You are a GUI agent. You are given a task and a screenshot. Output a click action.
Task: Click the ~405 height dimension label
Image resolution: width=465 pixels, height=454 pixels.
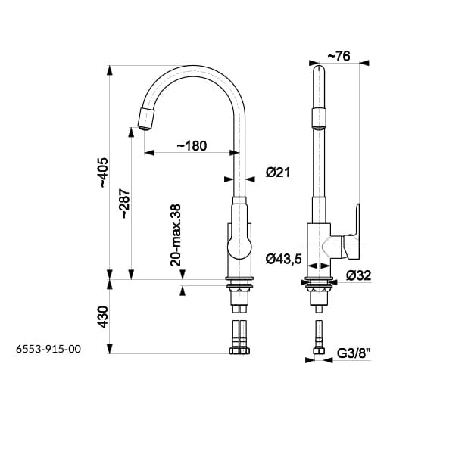pyautogui.click(x=104, y=173)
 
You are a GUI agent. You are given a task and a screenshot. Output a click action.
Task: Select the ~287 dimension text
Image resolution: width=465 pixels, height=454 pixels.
pyautogui.click(x=125, y=204)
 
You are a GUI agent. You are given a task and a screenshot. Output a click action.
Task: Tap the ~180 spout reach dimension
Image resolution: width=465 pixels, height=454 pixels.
pyautogui.click(x=192, y=146)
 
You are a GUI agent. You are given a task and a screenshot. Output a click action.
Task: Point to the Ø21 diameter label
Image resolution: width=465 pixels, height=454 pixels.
pyautogui.click(x=278, y=173)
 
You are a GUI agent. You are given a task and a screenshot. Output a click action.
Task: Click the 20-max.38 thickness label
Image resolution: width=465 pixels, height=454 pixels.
pyautogui.click(x=176, y=235)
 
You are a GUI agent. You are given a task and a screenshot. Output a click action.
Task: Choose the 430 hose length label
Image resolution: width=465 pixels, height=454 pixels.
pyautogui.click(x=104, y=317)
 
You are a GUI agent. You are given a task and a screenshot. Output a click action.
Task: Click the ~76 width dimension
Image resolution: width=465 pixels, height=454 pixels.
pyautogui.click(x=339, y=56)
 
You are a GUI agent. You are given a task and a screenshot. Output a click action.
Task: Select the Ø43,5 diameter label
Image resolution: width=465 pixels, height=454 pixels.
pyautogui.click(x=283, y=259)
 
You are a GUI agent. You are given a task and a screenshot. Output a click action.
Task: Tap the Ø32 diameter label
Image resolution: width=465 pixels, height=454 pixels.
pyautogui.click(x=358, y=275)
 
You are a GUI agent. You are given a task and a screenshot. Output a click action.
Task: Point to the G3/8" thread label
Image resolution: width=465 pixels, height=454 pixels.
pyautogui.click(x=354, y=353)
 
